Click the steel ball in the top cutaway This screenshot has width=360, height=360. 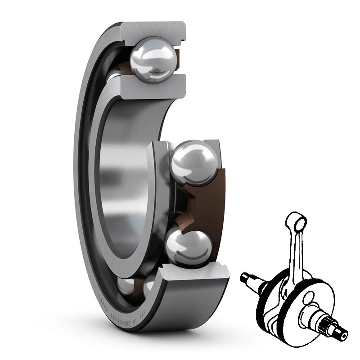pyautogui.click(x=153, y=60)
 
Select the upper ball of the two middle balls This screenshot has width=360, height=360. pyautogui.click(x=194, y=162)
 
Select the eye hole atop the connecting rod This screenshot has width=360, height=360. pyautogui.click(x=297, y=222)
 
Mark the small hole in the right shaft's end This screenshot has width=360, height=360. pyautogui.click(x=343, y=336)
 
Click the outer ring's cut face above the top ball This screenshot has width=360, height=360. pyautogui.click(x=153, y=29)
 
